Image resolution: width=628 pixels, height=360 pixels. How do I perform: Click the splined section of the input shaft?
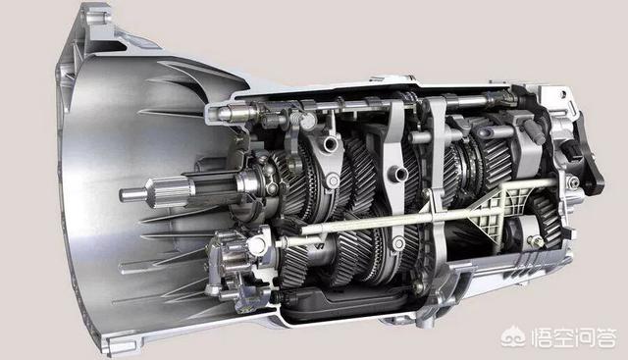[169, 192]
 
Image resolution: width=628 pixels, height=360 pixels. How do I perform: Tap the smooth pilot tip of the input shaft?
[132, 195]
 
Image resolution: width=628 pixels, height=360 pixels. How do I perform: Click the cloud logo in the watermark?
[513, 338]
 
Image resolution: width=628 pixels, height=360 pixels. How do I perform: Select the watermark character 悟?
[542, 338]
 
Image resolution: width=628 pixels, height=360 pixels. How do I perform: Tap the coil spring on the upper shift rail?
[294, 119]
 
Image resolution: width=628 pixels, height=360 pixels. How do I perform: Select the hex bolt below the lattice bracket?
[536, 241]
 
